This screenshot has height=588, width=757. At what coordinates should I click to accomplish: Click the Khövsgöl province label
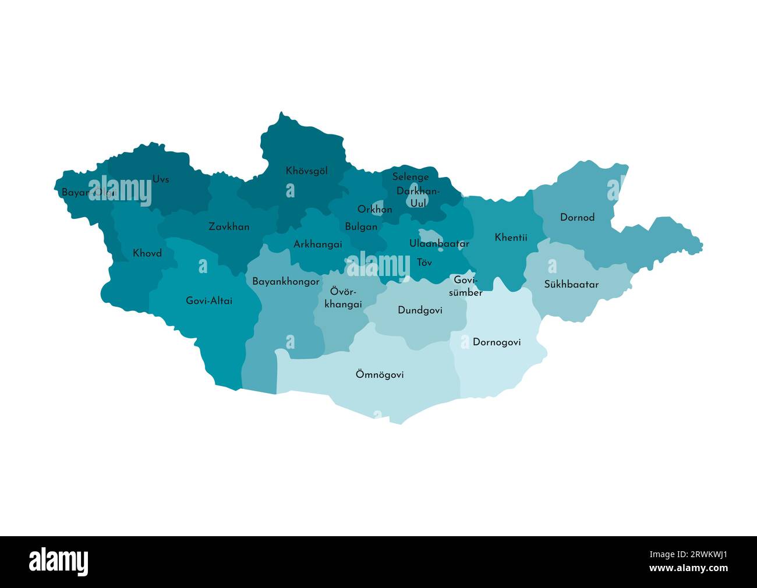306,171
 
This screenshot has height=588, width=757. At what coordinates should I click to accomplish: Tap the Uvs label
161,179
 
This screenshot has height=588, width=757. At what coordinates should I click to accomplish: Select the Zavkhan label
229,227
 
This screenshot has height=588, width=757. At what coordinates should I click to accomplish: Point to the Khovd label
147,254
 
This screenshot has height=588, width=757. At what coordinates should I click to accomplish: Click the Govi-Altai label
209,301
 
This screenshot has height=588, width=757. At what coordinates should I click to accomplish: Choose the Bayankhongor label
285,282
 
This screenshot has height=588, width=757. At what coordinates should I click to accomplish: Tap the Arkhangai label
317,245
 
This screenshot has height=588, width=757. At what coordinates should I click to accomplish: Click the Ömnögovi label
380,375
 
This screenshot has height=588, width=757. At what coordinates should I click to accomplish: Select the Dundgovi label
420,310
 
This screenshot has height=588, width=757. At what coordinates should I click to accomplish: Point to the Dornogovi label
497,342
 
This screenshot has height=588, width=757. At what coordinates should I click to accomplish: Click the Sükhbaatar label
571,285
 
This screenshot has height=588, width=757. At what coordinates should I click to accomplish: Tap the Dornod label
577,218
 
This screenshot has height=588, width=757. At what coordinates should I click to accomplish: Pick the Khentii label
511,238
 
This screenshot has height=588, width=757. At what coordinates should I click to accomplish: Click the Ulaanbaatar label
439,244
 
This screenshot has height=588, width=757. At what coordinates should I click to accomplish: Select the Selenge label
411,177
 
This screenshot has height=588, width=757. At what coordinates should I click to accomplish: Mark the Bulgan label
361,227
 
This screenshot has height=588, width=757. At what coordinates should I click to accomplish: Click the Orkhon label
374,210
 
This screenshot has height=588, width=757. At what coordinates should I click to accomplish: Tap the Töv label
425,263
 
